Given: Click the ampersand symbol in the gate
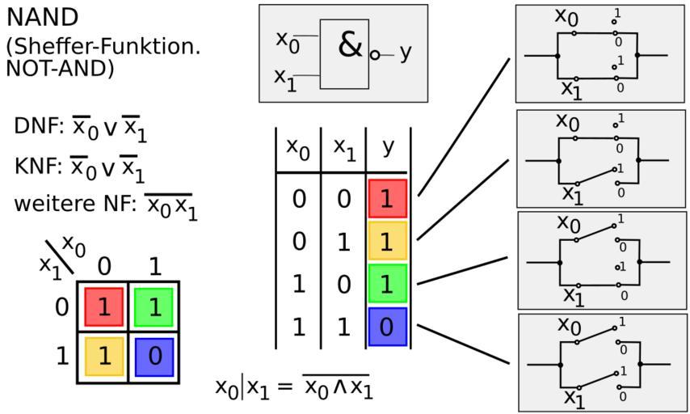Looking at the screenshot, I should pyautogui.click(x=350, y=45).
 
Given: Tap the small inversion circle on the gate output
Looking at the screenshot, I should pyautogui.click(x=375, y=55).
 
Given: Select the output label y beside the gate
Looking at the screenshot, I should pyautogui.click(x=405, y=52).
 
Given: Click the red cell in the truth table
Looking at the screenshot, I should pyautogui.click(x=387, y=199).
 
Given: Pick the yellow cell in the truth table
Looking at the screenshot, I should pyautogui.click(x=387, y=242).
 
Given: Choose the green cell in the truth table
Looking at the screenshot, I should pyautogui.click(x=387, y=285).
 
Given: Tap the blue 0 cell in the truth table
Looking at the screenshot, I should pyautogui.click(x=387, y=327).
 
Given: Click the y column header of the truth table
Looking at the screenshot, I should pyautogui.click(x=389, y=148).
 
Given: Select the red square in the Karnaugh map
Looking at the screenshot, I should pyautogui.click(x=103, y=307).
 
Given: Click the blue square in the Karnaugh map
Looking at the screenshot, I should pyautogui.click(x=154, y=357).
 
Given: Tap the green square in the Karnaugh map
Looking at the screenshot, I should pyautogui.click(x=154, y=307).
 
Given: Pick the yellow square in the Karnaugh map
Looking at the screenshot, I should pyautogui.click(x=103, y=357).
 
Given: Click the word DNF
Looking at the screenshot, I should pyautogui.click(x=35, y=127).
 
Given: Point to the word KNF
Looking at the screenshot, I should pyautogui.click(x=35, y=167).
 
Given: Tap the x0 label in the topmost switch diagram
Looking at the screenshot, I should pyautogui.click(x=566, y=15).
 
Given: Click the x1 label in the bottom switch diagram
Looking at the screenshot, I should pyautogui.click(x=574, y=399).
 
